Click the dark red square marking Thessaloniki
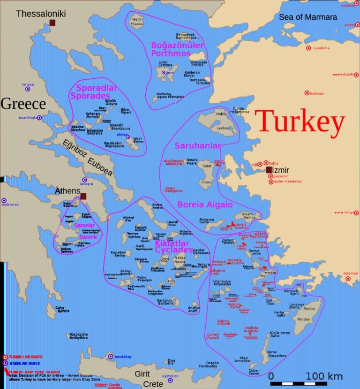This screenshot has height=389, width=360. point(52,23)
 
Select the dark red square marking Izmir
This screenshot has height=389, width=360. point(269,170)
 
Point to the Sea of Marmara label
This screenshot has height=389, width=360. point(307,17)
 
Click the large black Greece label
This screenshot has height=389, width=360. point(23,104)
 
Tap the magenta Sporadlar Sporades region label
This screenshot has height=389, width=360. point(93,92)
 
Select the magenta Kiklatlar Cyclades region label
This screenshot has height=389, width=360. point(173,246)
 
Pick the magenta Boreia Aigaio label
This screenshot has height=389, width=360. point(205,205)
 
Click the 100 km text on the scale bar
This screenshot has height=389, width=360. point(324,376)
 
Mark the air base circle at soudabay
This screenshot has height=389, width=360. point(111,357)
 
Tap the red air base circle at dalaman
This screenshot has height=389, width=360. point(348,279)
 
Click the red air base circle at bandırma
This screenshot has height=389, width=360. point(308,48)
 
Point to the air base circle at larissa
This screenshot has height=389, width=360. point(28,88)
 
